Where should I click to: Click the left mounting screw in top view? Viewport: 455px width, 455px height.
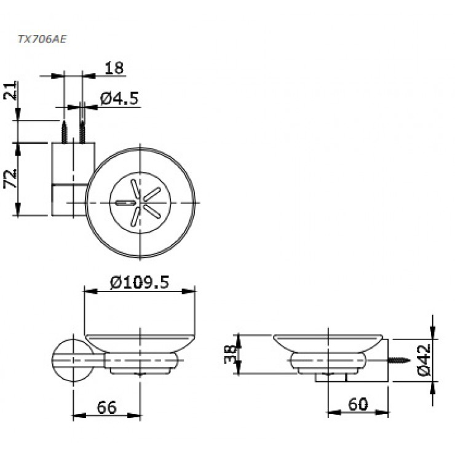[63, 131]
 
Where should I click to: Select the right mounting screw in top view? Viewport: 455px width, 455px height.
[82, 131]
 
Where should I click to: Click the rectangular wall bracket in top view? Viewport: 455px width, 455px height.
[72, 179]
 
